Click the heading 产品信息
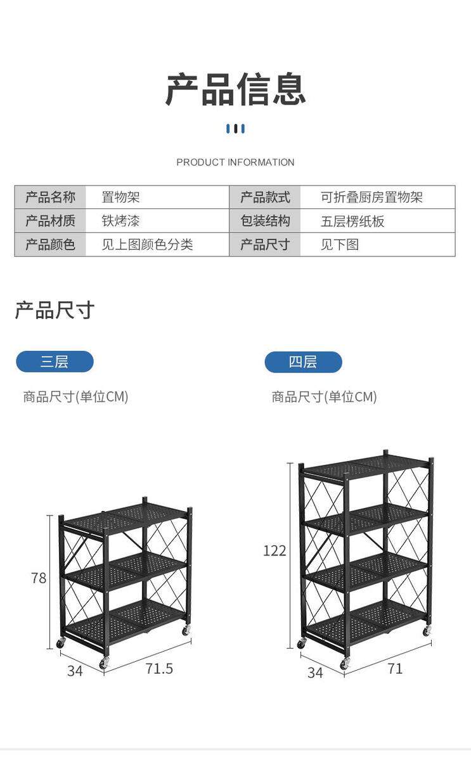(x=235, y=89)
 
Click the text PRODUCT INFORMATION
(x=235, y=162)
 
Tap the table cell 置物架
(x=120, y=197)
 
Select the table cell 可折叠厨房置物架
(x=371, y=197)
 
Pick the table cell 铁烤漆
(x=120, y=221)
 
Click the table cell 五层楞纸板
(x=352, y=221)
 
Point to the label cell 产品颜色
(x=50, y=244)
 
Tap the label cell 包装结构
(x=265, y=221)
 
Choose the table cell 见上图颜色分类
(x=147, y=244)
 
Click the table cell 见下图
(x=339, y=244)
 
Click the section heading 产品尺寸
(x=55, y=310)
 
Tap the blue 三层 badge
(x=55, y=362)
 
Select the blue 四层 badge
(x=303, y=362)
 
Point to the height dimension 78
(x=39, y=578)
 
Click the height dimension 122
(x=274, y=550)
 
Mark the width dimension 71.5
(x=158, y=669)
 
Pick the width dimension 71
(x=395, y=669)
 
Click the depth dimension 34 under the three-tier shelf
(x=75, y=671)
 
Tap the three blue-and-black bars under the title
(x=235, y=129)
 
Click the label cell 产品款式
(x=265, y=197)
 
